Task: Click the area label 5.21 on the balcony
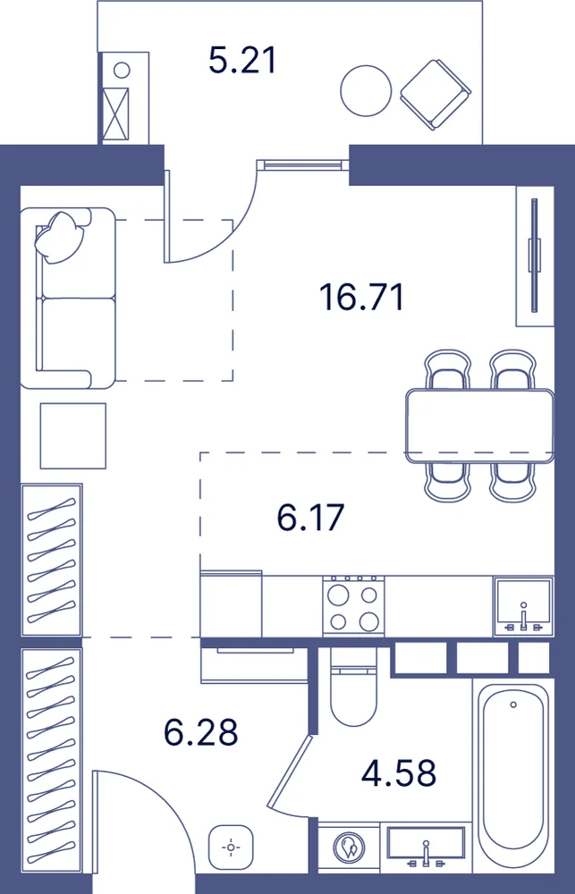242,62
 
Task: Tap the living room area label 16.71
361,297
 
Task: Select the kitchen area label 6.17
311,518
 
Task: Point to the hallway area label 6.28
200,733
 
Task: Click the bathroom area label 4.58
400,773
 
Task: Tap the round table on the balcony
367,90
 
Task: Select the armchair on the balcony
435,95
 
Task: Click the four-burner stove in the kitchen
353,605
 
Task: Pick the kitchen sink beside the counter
523,607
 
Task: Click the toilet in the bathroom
353,687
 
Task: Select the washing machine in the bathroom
349,850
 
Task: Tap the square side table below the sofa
73,435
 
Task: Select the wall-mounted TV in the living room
535,255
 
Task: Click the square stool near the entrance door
231,848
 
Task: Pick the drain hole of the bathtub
513,704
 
